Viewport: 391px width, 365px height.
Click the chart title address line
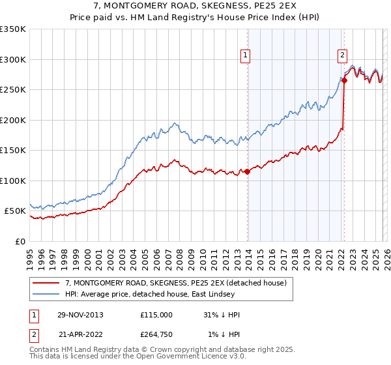point(195,5)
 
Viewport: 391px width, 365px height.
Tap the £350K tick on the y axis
point(13,29)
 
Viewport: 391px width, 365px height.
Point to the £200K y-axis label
point(13,120)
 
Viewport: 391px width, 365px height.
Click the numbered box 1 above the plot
point(246,56)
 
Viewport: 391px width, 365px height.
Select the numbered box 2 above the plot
point(342,56)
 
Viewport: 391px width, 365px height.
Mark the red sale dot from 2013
point(247,172)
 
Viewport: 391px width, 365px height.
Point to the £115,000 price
point(156,315)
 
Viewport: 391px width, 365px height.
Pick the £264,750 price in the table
point(156,334)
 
